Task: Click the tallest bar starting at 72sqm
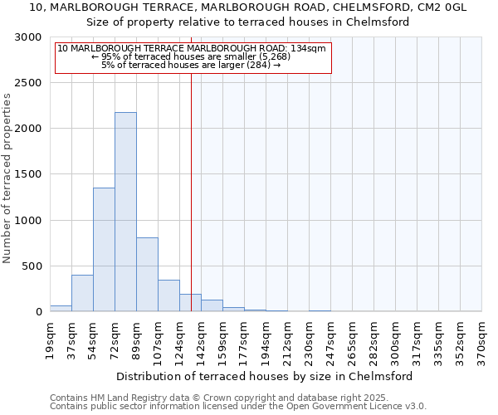[x=125, y=212]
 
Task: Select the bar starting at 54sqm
[x=104, y=249]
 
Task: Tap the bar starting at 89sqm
[x=147, y=274]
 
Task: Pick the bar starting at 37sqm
[x=82, y=293]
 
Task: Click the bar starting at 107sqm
[x=168, y=295]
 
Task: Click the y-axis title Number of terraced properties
[x=7, y=178]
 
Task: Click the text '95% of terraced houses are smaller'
[x=193, y=56]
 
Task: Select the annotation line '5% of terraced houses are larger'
[x=193, y=65]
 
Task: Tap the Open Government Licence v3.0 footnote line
[x=237, y=407]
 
